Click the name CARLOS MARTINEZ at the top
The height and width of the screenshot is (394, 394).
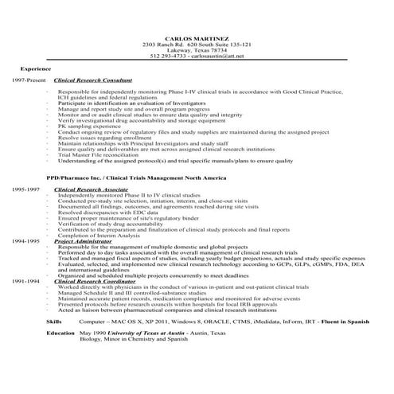197,37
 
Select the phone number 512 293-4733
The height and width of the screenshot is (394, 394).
166,57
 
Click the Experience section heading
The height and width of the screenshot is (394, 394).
35,70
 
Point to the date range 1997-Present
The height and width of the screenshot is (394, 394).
29,81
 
